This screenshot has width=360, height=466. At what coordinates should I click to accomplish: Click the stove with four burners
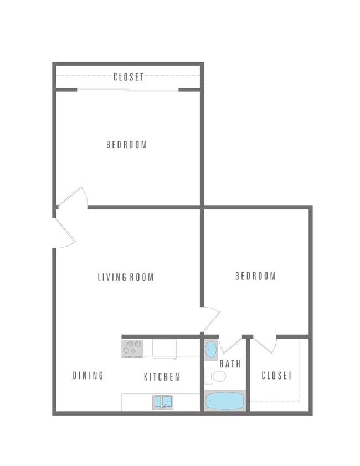click(x=132, y=348)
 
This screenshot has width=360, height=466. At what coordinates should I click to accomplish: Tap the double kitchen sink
click(x=163, y=401)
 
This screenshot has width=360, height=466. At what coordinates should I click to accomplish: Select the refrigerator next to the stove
click(x=164, y=347)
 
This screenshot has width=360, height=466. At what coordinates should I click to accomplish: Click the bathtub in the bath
click(x=225, y=401)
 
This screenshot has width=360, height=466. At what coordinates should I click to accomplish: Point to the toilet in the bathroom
click(x=218, y=377)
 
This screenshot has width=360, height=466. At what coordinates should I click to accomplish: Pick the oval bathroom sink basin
click(x=211, y=349)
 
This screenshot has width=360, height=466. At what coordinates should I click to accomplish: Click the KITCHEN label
click(x=162, y=377)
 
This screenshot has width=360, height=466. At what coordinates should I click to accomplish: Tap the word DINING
click(x=88, y=376)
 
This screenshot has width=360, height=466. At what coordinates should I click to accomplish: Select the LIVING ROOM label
click(x=126, y=277)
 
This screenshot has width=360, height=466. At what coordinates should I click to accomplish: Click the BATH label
click(x=230, y=364)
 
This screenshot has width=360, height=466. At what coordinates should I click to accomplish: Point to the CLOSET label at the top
click(x=128, y=77)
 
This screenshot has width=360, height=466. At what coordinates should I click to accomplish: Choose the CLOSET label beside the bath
click(x=276, y=376)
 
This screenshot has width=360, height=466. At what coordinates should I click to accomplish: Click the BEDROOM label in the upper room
click(x=127, y=145)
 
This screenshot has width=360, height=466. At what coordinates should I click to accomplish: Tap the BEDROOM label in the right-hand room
click(x=255, y=276)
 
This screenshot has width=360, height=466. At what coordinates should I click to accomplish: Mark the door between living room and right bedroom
click(x=211, y=320)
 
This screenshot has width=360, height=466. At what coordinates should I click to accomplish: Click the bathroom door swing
click(x=230, y=344)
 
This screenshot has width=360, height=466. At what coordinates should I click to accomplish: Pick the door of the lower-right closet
click(x=265, y=344)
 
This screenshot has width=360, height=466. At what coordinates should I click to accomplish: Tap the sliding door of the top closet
click(x=128, y=89)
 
